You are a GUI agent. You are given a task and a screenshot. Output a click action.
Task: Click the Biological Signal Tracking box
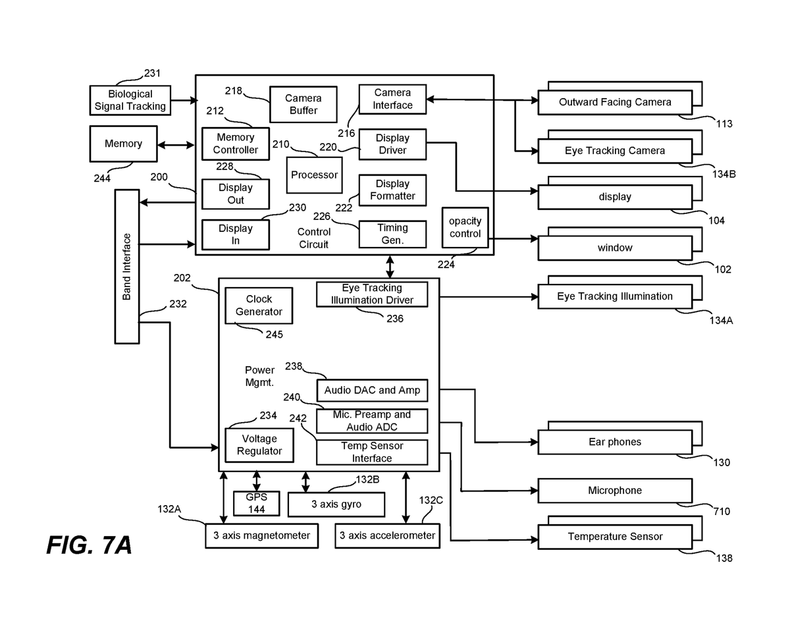[x=130, y=100]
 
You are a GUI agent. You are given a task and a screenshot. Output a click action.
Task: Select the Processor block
[x=314, y=175]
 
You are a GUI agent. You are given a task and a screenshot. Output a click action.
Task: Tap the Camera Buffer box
[x=303, y=104]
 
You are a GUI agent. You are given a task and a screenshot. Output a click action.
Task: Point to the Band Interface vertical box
[x=127, y=267]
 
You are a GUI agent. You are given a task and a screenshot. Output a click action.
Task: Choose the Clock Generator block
[x=259, y=306]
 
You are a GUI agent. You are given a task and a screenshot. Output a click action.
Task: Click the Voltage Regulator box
[x=259, y=445]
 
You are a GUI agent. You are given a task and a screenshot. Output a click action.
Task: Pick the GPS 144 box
[x=256, y=503]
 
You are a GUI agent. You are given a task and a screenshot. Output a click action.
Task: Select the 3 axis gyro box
[x=336, y=504]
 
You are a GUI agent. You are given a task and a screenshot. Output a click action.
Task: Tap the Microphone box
[x=615, y=491]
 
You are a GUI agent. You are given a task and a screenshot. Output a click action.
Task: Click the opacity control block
[x=465, y=227]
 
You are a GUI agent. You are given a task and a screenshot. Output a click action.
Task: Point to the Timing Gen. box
[x=392, y=234]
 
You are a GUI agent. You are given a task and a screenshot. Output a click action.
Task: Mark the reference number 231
[x=152, y=73]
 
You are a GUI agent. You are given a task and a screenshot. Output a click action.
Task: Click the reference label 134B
[x=724, y=174]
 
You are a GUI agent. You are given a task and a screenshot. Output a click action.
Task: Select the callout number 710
[x=722, y=511]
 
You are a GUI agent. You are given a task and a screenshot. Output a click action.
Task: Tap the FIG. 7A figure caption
[x=89, y=545]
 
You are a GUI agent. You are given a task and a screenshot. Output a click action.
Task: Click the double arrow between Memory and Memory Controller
[x=176, y=145]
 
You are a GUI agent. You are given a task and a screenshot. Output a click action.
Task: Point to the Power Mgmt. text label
[x=259, y=376]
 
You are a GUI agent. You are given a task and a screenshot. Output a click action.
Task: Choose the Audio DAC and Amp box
[x=372, y=390]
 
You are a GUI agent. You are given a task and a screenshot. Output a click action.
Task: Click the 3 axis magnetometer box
[x=262, y=535]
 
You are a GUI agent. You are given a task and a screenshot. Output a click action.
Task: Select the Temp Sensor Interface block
[x=372, y=452]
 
